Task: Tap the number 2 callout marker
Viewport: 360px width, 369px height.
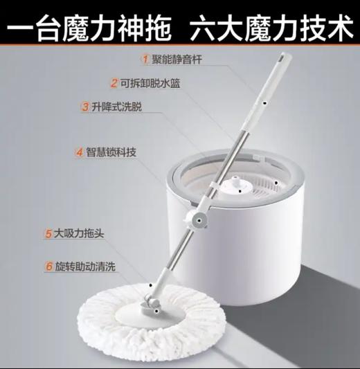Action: [114, 83]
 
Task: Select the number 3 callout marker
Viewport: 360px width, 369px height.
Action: [84, 107]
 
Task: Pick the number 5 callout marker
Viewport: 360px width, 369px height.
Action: [49, 234]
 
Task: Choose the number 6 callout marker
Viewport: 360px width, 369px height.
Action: [49, 265]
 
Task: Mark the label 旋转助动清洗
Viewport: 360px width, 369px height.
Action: [87, 265]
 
